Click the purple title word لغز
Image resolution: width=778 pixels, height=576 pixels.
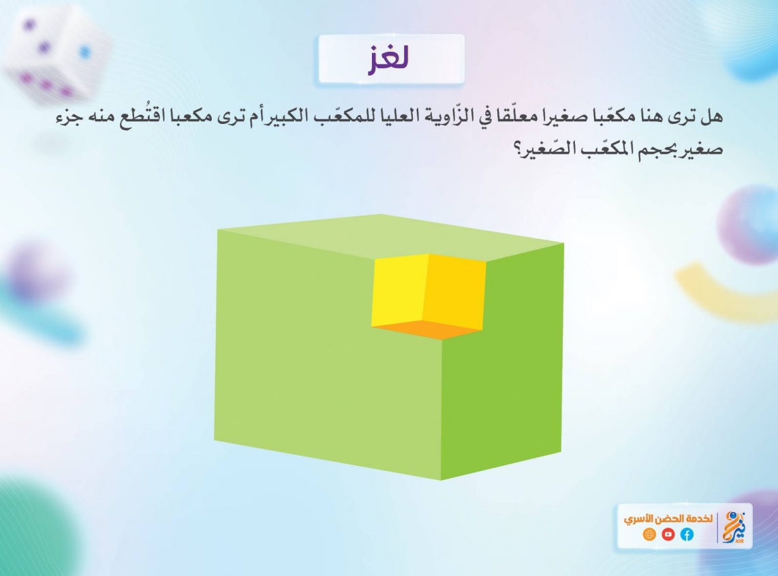point(388,59)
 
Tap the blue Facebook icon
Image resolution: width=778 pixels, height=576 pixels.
point(687,534)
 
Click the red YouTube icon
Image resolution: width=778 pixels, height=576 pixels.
point(668,534)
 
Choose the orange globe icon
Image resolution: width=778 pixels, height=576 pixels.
point(649,534)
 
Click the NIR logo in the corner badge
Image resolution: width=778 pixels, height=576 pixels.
point(734,528)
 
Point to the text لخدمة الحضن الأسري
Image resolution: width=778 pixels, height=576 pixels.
point(668,519)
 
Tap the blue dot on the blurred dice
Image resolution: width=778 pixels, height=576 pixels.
point(85,52)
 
